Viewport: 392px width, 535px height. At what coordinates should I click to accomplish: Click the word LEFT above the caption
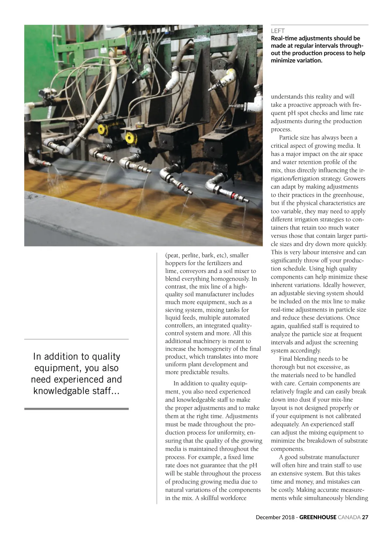coord(278,31)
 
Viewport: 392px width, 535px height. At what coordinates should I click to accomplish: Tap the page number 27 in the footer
coord(365,517)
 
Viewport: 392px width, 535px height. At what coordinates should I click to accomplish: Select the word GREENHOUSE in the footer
coord(318,517)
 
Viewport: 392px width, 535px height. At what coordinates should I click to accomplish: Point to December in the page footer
coord(268,517)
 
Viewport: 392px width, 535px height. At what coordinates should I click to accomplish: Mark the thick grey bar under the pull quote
coord(76,409)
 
